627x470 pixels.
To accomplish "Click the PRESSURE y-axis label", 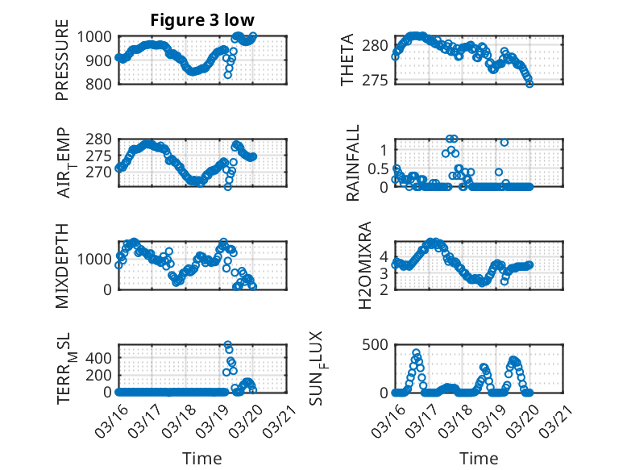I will [62, 65].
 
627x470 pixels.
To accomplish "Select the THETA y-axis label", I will [347, 60].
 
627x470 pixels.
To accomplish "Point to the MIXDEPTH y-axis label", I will [62, 266].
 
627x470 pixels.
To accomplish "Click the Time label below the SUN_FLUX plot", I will [479, 459].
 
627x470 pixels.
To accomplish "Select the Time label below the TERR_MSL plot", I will [203, 459].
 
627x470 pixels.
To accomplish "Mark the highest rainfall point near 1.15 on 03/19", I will [505, 143].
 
